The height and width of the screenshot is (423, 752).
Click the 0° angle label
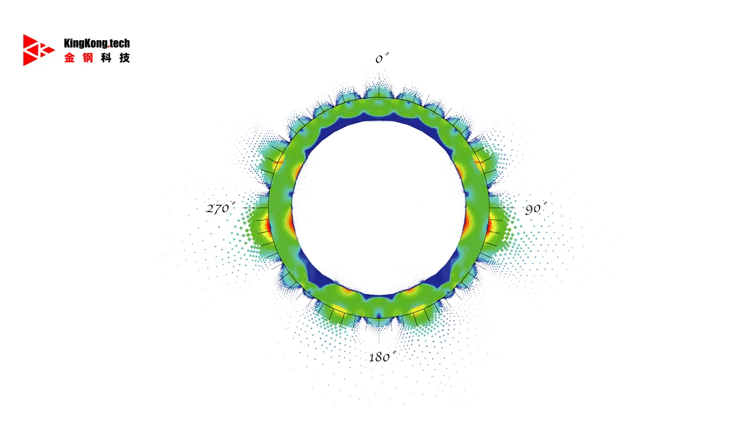coord(382,58)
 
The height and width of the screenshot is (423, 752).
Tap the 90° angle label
coord(536,209)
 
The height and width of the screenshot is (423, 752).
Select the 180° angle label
coord(383,356)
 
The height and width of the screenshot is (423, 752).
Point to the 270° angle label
coord(221,208)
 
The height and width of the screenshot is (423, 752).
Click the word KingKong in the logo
coord(86,43)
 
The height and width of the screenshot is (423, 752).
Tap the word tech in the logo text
coord(120,43)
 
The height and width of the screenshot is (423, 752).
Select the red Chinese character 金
coord(70,58)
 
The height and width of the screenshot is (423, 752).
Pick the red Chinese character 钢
coord(88,58)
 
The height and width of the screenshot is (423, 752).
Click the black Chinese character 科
coord(106,58)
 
